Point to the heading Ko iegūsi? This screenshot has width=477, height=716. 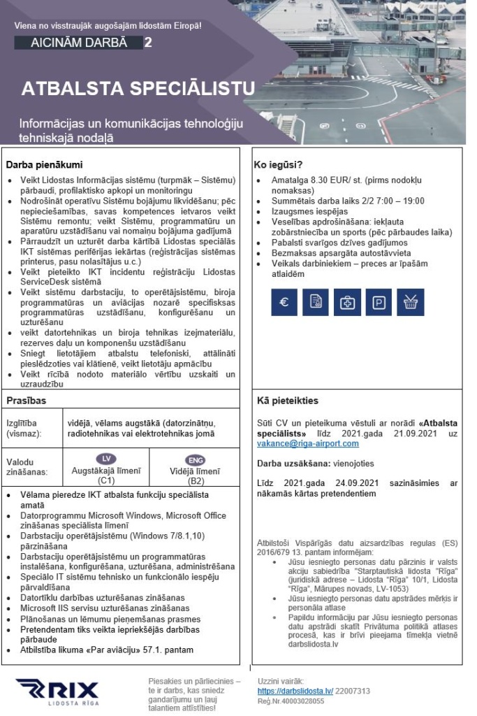277,166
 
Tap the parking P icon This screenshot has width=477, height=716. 378,303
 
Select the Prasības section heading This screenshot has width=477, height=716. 26,401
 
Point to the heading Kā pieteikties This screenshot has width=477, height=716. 288,401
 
